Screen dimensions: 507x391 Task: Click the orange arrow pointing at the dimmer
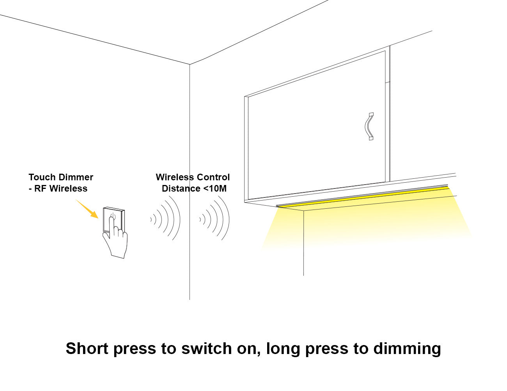click(x=87, y=209)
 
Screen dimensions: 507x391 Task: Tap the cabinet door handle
click(x=369, y=127)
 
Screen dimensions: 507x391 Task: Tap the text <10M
click(x=215, y=188)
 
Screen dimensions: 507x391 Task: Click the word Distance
click(x=181, y=188)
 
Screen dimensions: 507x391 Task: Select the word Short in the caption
click(x=87, y=349)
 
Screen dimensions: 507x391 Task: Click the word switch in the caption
click(x=206, y=349)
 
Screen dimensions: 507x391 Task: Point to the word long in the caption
click(x=283, y=349)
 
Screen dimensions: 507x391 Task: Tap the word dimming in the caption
click(x=407, y=349)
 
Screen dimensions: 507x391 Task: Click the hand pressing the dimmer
click(x=115, y=240)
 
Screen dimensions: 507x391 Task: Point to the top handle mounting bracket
click(x=371, y=114)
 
